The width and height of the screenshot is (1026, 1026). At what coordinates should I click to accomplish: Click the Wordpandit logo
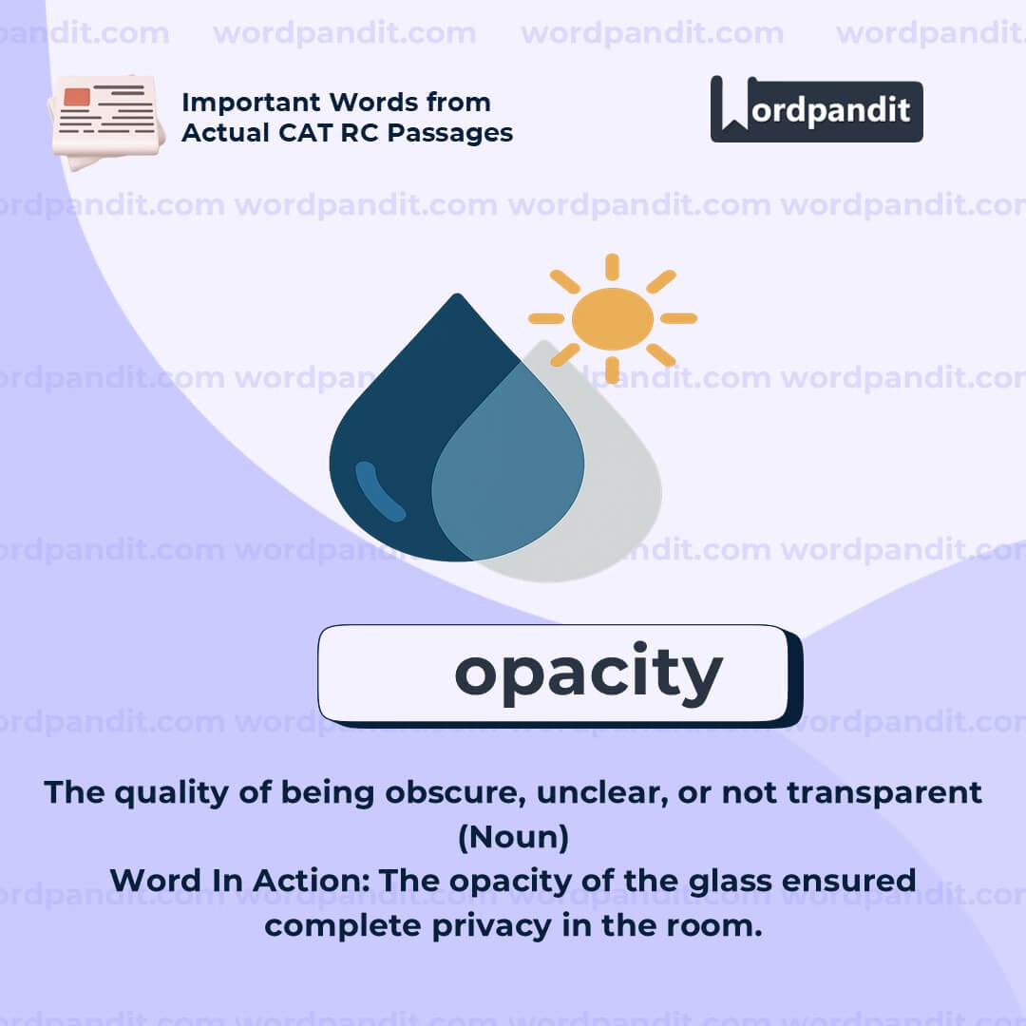[816, 109]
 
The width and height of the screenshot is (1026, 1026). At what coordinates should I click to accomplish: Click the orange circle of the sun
[613, 318]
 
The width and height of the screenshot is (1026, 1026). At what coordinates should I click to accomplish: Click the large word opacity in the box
[588, 673]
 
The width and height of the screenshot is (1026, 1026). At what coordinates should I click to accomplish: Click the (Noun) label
[513, 837]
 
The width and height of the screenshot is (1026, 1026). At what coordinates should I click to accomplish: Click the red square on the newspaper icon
[78, 97]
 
